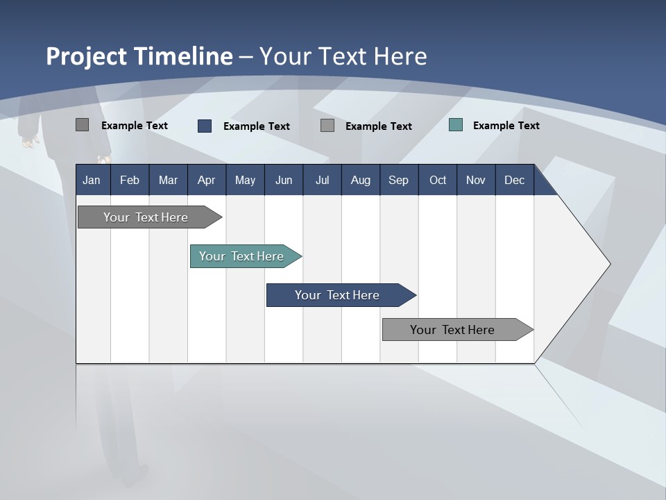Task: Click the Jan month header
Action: pyautogui.click(x=92, y=180)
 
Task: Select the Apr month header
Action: pyautogui.click(x=206, y=180)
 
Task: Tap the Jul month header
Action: pyautogui.click(x=322, y=180)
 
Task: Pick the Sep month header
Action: pyautogui.click(x=398, y=180)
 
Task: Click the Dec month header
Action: pyautogui.click(x=514, y=180)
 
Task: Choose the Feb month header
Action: pyautogui.click(x=130, y=180)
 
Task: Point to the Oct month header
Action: pyautogui.click(x=438, y=180)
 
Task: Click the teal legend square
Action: pyautogui.click(x=456, y=125)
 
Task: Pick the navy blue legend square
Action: pyautogui.click(x=205, y=126)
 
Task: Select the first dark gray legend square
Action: pyautogui.click(x=82, y=125)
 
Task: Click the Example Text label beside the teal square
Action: pyautogui.click(x=506, y=125)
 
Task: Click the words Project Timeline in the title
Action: pyautogui.click(x=139, y=56)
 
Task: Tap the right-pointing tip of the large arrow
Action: pyautogui.click(x=608, y=263)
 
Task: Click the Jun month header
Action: pyautogui.click(x=284, y=180)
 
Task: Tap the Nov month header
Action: pyautogui.click(x=476, y=180)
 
